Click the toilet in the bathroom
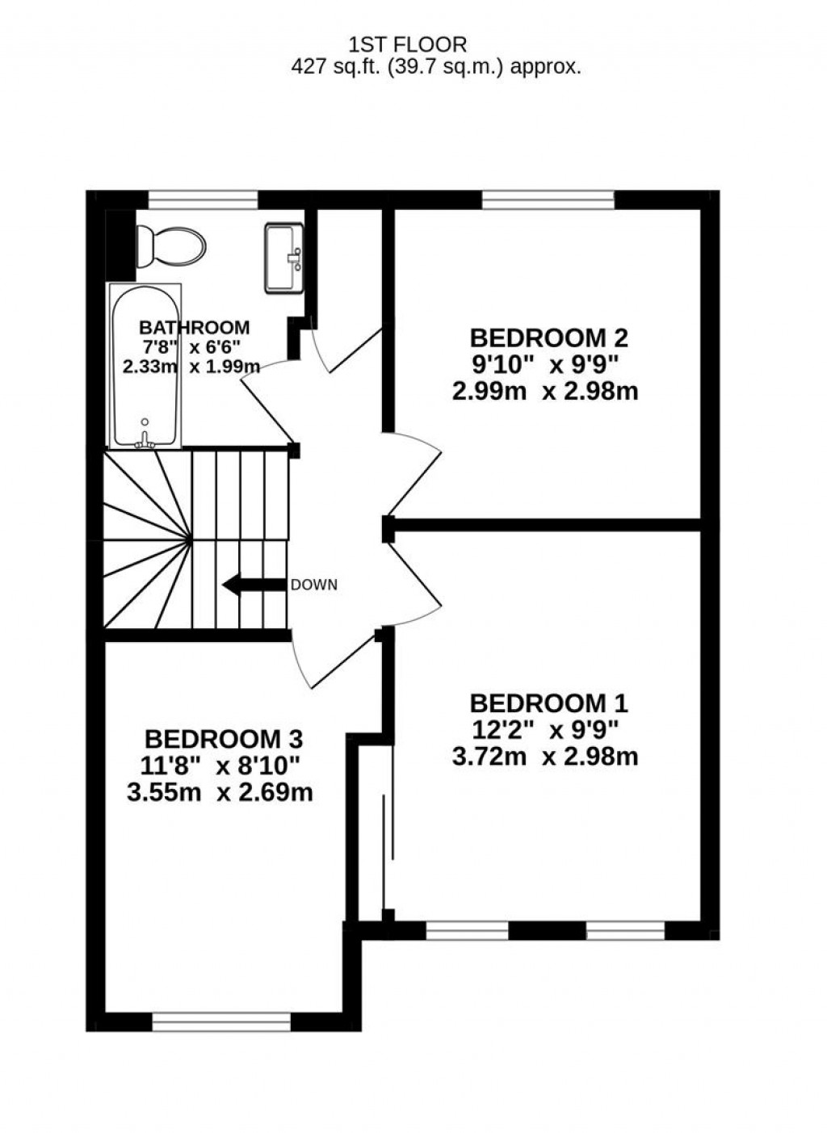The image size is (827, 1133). click(x=170, y=245)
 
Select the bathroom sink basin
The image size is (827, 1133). click(x=283, y=258)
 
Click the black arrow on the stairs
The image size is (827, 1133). click(x=254, y=585)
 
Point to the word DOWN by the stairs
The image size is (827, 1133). click(x=313, y=585)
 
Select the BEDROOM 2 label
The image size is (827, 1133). click(x=548, y=337)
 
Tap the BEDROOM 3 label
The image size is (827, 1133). click(x=224, y=738)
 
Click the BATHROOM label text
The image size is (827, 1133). click(x=194, y=327)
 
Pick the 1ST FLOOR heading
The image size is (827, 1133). click(x=407, y=44)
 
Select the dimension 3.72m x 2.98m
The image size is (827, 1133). click(x=545, y=757)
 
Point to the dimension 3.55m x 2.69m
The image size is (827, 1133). click(x=220, y=792)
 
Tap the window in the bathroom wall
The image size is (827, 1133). click(x=203, y=199)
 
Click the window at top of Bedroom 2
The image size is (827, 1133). click(x=548, y=199)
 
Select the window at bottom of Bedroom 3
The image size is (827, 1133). click(x=220, y=1023)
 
